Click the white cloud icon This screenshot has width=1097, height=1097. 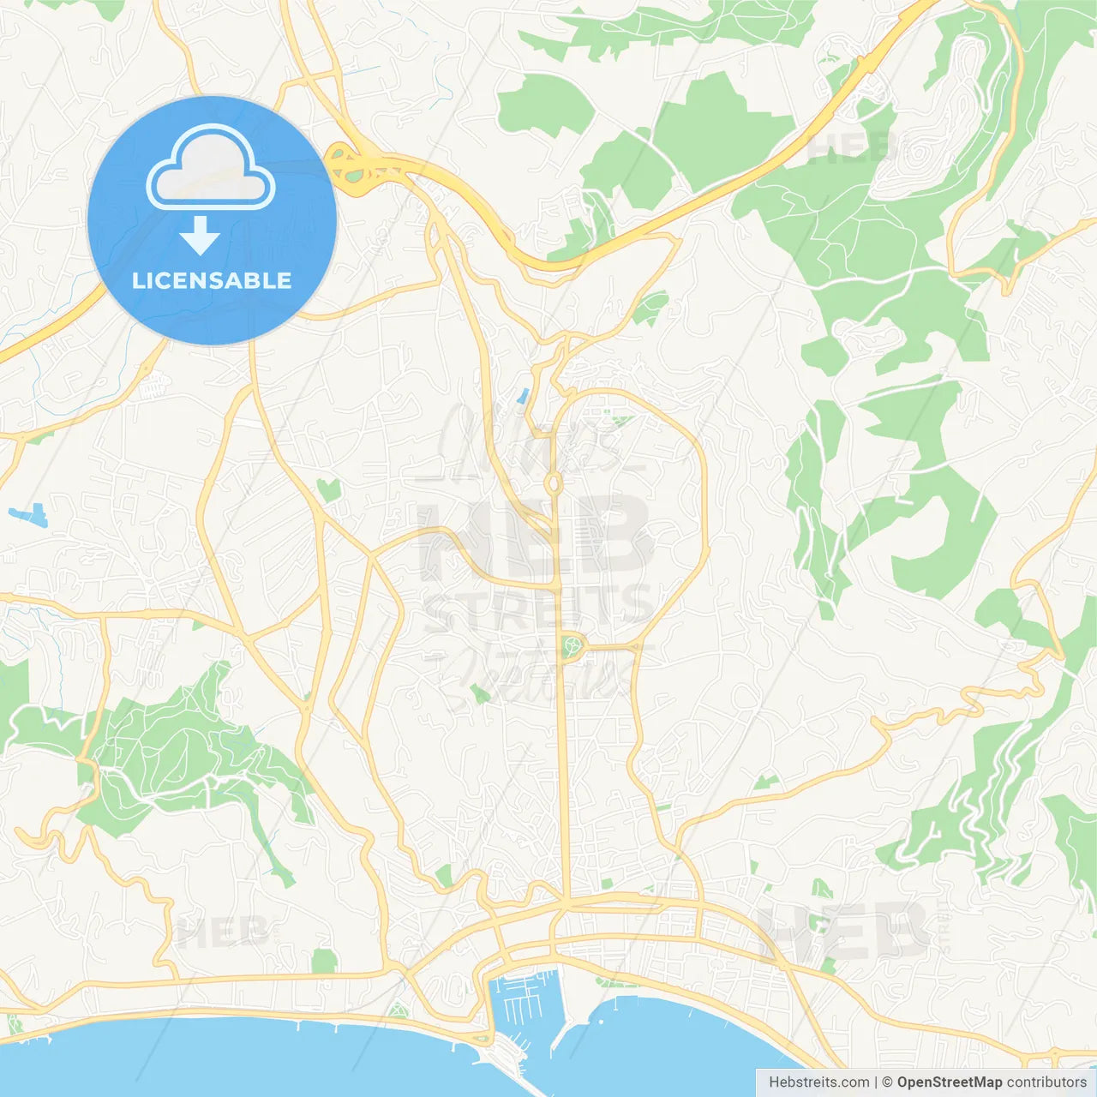(x=211, y=168)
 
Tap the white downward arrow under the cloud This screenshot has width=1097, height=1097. (x=200, y=236)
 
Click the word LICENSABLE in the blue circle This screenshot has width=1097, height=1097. (x=212, y=280)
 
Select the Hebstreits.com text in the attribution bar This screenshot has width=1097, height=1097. (x=819, y=1082)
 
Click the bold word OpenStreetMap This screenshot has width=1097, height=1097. (x=950, y=1082)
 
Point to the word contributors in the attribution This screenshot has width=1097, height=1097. (x=1047, y=1082)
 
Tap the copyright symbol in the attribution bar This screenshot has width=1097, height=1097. (x=887, y=1082)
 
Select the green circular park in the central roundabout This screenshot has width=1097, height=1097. (x=572, y=645)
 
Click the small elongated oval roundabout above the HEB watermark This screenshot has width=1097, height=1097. (x=554, y=485)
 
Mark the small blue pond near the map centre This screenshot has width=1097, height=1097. (x=522, y=397)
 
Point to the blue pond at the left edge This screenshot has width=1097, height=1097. (x=27, y=516)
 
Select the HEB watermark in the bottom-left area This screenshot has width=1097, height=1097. (x=221, y=932)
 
